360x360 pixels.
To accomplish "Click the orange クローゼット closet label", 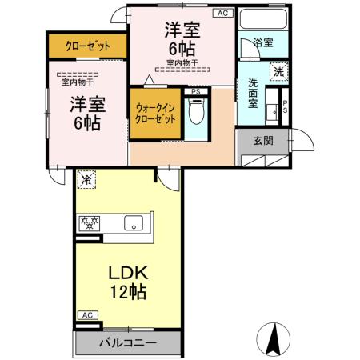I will pos(88,46).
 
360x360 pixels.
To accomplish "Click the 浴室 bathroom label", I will pos(262,43).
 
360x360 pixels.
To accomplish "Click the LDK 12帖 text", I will pos(128,281).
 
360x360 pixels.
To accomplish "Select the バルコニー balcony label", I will pos(127,344).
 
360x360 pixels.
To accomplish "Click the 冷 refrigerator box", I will pos(85,181).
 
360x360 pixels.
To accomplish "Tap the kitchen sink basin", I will pos(131,222).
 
